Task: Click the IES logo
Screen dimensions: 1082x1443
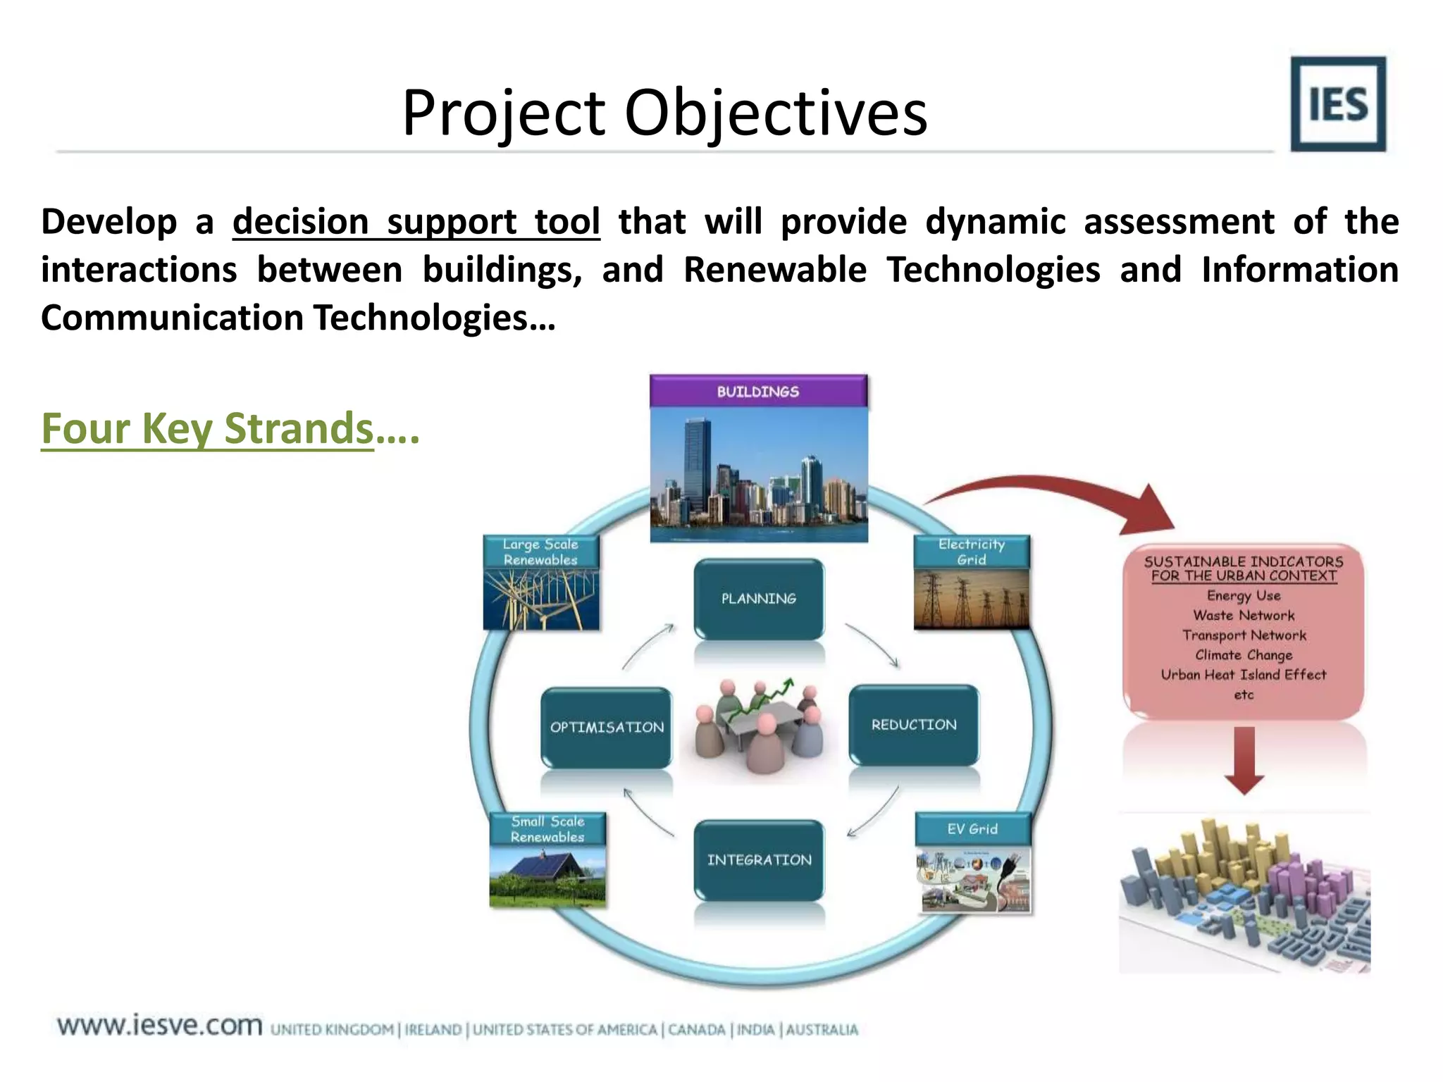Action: [1337, 104]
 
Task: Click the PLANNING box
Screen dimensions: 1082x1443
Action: [759, 599]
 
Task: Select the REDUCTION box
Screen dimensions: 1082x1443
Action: [914, 725]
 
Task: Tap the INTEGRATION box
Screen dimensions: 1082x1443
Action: [759, 860]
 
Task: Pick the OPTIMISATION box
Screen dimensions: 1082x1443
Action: [607, 727]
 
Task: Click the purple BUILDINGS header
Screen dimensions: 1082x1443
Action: [758, 391]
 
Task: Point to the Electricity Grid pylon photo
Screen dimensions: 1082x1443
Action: [971, 599]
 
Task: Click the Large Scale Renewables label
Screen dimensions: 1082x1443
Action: [540, 552]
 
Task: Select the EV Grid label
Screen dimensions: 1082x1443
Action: [972, 829]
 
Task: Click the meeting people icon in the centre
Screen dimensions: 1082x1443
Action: [759, 726]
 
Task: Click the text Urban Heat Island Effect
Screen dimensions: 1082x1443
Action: [1244, 675]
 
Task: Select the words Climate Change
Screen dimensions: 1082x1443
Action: [1244, 655]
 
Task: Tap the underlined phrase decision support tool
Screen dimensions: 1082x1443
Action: [416, 222]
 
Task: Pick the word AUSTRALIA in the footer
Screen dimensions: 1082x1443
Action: [822, 1030]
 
